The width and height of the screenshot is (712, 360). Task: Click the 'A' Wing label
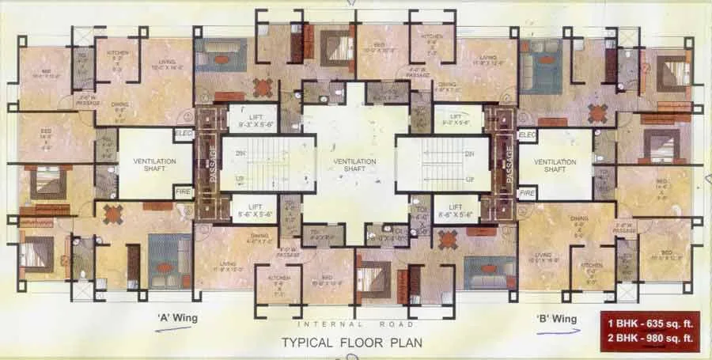[x=176, y=318]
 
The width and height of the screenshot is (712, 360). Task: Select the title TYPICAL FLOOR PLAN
[x=352, y=343]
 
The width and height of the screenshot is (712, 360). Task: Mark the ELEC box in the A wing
[x=184, y=135]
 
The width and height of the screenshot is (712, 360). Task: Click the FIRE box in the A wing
[x=184, y=192]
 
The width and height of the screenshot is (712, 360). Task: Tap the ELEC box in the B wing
[x=528, y=135]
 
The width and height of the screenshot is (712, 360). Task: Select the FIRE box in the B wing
[x=528, y=192]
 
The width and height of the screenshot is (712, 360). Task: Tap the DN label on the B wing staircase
[x=470, y=153]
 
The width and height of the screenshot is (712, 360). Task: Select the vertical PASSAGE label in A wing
[x=211, y=164]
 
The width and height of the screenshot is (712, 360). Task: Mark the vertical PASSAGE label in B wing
[x=500, y=164]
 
